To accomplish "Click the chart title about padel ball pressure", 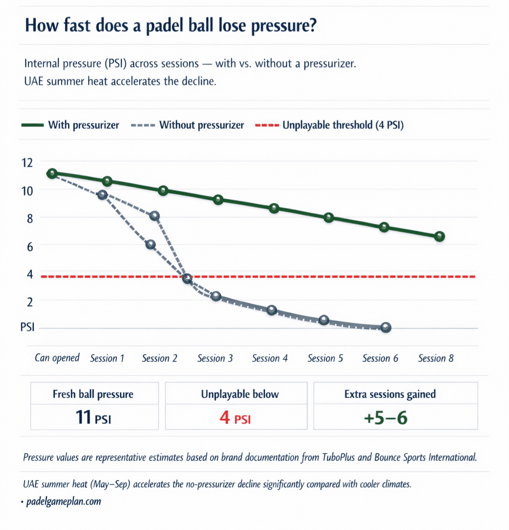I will pyautogui.click(x=171, y=25).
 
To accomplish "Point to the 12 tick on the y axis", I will pyautogui.click(x=26, y=162).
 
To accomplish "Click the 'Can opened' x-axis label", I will pyautogui.click(x=57, y=358).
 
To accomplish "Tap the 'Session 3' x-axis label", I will pyautogui.click(x=215, y=358).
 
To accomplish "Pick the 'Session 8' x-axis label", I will pyautogui.click(x=435, y=358).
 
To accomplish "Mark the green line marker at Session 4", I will pyautogui.click(x=273, y=208).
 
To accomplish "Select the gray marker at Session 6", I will pyautogui.click(x=386, y=327).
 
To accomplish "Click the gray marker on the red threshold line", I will pyautogui.click(x=187, y=279).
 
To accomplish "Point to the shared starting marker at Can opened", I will pyautogui.click(x=52, y=173).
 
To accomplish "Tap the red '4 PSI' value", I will pyautogui.click(x=235, y=417).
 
